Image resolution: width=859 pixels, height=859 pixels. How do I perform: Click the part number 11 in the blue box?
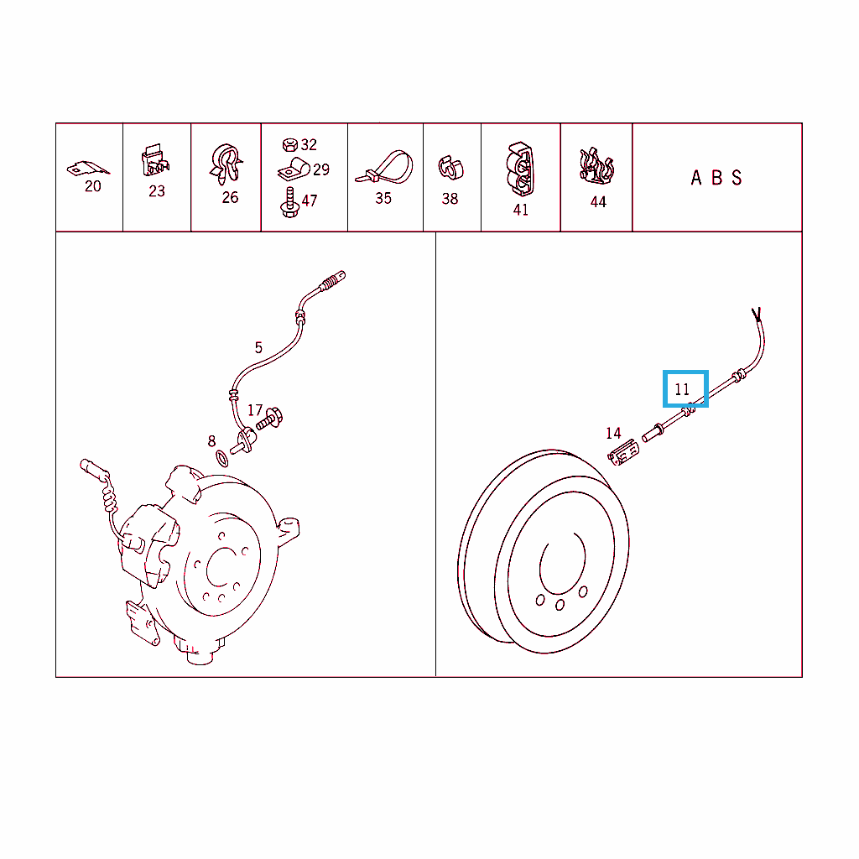(x=682, y=389)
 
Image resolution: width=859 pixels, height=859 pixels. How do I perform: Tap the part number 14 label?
(x=613, y=434)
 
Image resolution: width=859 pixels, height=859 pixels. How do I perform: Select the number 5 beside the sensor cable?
(x=258, y=347)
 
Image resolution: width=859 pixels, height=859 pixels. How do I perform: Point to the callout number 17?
(x=255, y=410)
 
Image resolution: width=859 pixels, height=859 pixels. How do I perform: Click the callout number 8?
(x=211, y=441)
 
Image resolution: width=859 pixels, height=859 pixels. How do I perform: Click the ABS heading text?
(x=716, y=178)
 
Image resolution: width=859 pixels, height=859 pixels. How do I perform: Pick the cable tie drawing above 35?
(x=384, y=167)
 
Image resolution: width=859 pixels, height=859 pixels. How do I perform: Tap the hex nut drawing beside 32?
(x=289, y=144)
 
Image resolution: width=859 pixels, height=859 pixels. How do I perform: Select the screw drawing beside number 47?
(x=289, y=202)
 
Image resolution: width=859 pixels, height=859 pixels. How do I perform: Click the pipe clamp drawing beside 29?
(x=294, y=169)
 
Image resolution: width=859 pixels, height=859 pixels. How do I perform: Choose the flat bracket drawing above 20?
(x=87, y=168)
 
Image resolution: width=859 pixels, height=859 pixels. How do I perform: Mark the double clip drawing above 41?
(x=520, y=169)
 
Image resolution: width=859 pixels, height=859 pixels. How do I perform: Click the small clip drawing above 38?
(x=450, y=168)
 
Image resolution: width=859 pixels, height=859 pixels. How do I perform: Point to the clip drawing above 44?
(x=596, y=165)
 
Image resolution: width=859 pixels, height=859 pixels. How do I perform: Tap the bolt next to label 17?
(x=269, y=419)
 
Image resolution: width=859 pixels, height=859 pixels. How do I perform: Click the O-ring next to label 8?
(x=221, y=459)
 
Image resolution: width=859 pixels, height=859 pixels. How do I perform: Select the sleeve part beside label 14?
(x=623, y=452)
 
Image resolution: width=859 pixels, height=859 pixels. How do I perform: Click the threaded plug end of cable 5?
(x=332, y=280)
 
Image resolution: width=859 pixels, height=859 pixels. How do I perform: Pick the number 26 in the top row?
(x=230, y=197)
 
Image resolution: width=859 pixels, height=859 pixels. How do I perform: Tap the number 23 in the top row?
(x=157, y=191)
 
